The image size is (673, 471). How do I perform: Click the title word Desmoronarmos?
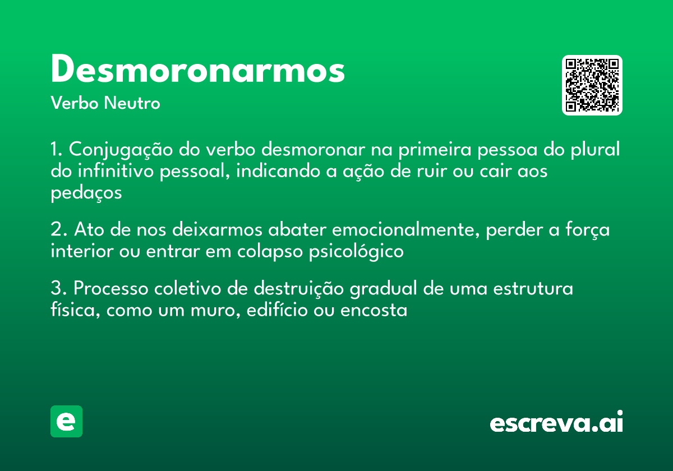click(x=197, y=70)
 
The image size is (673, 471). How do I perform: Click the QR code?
click(x=592, y=85)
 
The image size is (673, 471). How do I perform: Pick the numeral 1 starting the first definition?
click(x=55, y=150)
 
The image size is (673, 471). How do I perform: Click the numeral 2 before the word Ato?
click(x=56, y=230)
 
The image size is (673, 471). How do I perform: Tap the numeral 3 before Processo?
click(x=56, y=289)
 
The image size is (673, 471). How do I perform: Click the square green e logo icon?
click(x=66, y=421)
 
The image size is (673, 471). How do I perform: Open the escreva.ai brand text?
click(x=556, y=422)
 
